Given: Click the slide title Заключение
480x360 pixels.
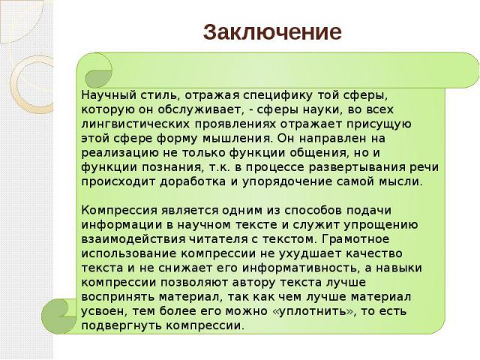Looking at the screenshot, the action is point(272,32).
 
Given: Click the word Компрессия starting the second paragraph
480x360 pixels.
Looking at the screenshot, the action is point(120,211).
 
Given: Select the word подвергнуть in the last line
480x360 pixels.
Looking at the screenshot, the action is point(121,325).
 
